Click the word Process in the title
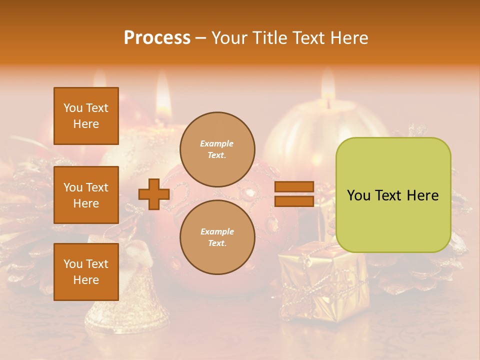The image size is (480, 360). pyautogui.click(x=157, y=38)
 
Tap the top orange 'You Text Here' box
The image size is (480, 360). pyautogui.click(x=86, y=116)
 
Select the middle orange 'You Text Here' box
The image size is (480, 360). pyautogui.click(x=86, y=195)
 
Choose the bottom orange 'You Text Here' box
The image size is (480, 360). pyautogui.click(x=86, y=272)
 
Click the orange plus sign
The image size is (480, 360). pyautogui.click(x=154, y=194)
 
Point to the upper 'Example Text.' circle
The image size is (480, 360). pyautogui.click(x=217, y=149)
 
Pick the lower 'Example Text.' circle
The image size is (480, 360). pyautogui.click(x=217, y=237)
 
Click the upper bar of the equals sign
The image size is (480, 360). pyautogui.click(x=294, y=187)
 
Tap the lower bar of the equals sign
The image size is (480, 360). pyautogui.click(x=294, y=201)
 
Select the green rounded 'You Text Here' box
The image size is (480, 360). pyautogui.click(x=393, y=195)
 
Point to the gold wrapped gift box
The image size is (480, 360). pyautogui.click(x=320, y=280)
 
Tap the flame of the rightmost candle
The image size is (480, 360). pyautogui.click(x=328, y=82)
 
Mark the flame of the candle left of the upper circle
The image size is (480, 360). pyautogui.click(x=163, y=92)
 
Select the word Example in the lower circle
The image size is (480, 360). pyautogui.click(x=217, y=231)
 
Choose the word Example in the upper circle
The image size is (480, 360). pyautogui.click(x=217, y=143)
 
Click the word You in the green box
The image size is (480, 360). pyautogui.click(x=358, y=195)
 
